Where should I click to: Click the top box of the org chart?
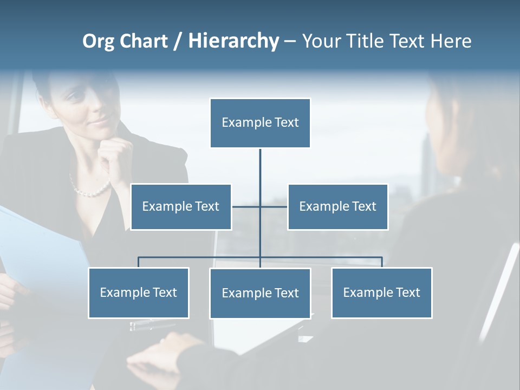click(x=260, y=122)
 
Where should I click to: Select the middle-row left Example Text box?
click(x=181, y=206)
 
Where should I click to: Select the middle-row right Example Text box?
click(x=337, y=206)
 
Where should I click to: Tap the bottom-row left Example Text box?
click(x=138, y=292)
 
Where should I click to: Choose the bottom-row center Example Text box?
click(x=260, y=293)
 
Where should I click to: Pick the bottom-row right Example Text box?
click(x=381, y=292)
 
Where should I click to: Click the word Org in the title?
click(x=99, y=41)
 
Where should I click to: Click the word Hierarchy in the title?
click(x=233, y=41)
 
